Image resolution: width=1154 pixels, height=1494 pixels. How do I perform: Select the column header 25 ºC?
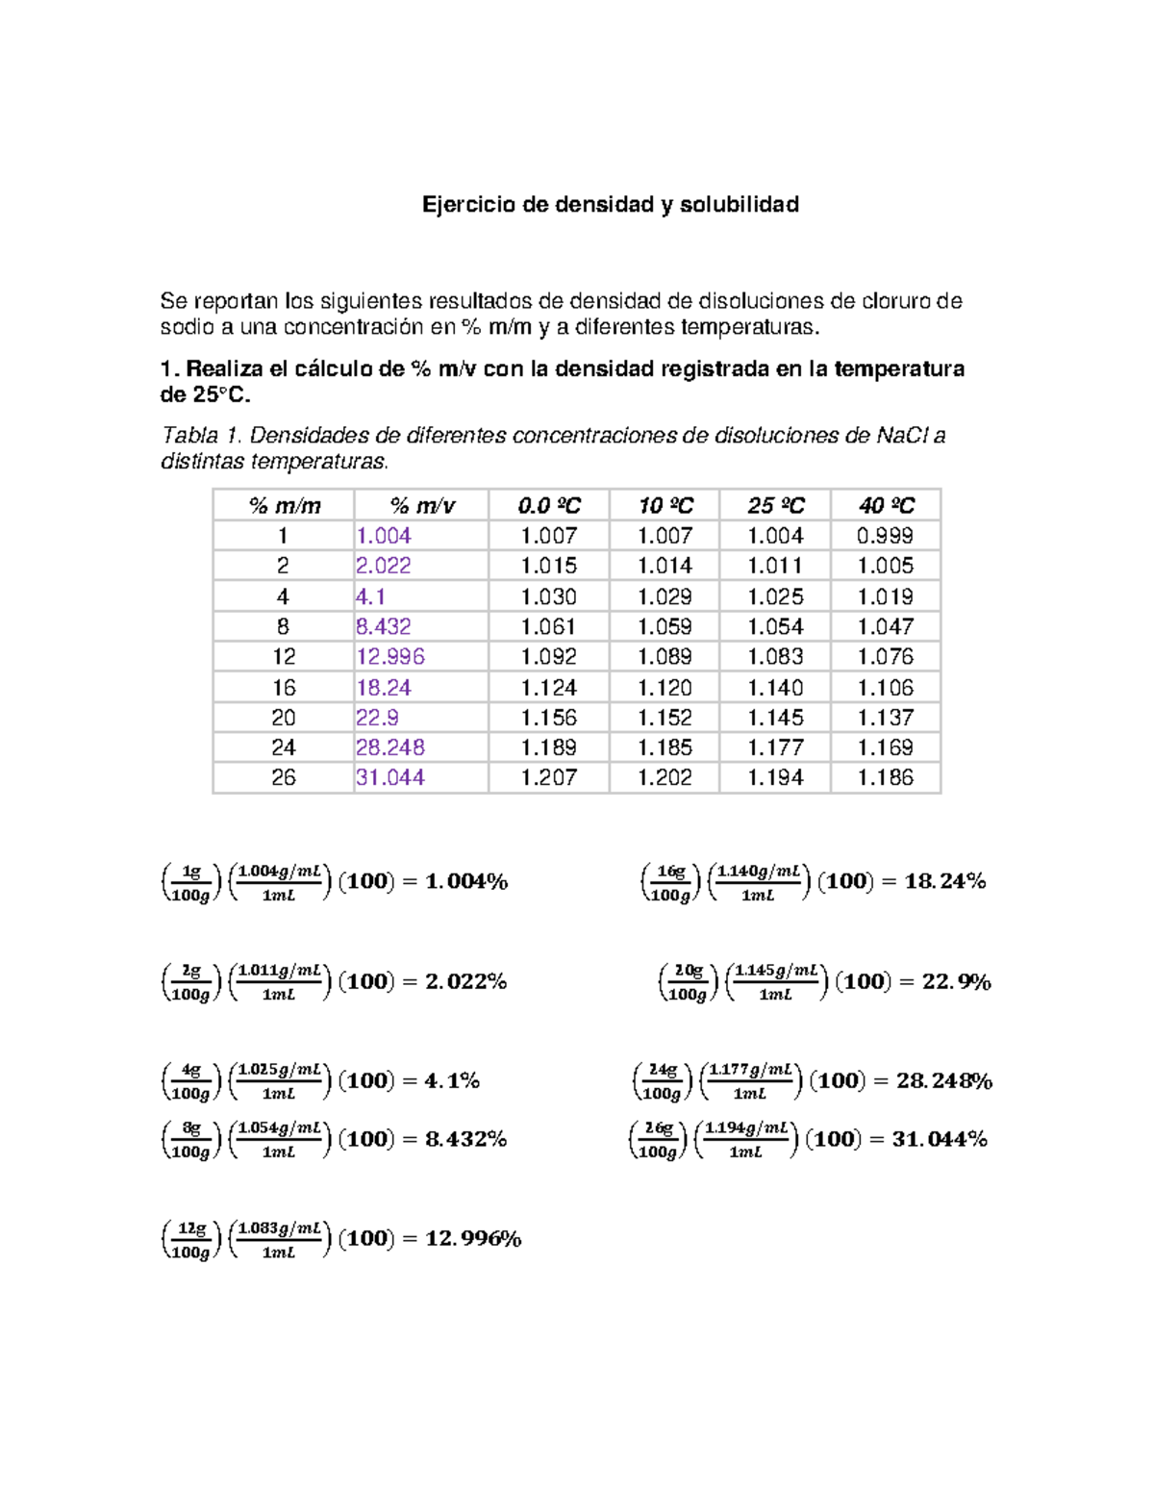coord(775,505)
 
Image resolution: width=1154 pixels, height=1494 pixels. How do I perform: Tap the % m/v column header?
coord(422,505)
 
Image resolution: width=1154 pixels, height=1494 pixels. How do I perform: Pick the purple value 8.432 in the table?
coord(383,626)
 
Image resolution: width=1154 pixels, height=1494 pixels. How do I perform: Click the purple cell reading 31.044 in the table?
coord(389,777)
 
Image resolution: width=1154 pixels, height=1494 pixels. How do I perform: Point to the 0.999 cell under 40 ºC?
coord(885,536)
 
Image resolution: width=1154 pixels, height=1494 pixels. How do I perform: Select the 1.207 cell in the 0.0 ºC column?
coord(548,777)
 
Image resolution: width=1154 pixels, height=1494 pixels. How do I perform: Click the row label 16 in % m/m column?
coord(284,687)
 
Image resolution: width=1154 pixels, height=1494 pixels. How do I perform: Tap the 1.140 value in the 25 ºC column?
coord(775,687)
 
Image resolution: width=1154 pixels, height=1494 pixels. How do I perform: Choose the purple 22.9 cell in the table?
coord(377,718)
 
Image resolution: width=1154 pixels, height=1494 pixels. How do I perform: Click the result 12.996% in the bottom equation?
coord(473,1238)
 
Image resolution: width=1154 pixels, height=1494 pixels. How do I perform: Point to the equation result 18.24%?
coord(945,881)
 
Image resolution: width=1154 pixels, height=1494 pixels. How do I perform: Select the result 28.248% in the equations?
coord(944,1080)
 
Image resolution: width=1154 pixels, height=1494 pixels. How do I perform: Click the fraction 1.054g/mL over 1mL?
coord(279,1139)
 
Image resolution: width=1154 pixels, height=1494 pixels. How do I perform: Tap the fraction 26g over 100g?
coord(659,1139)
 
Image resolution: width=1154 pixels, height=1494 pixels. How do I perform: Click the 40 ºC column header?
coord(886,505)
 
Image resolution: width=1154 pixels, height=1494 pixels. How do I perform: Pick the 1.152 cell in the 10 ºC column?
coord(665,718)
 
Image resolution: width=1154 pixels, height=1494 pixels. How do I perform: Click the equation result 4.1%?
coord(452,1080)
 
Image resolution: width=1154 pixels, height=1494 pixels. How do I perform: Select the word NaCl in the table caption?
coord(902,436)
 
